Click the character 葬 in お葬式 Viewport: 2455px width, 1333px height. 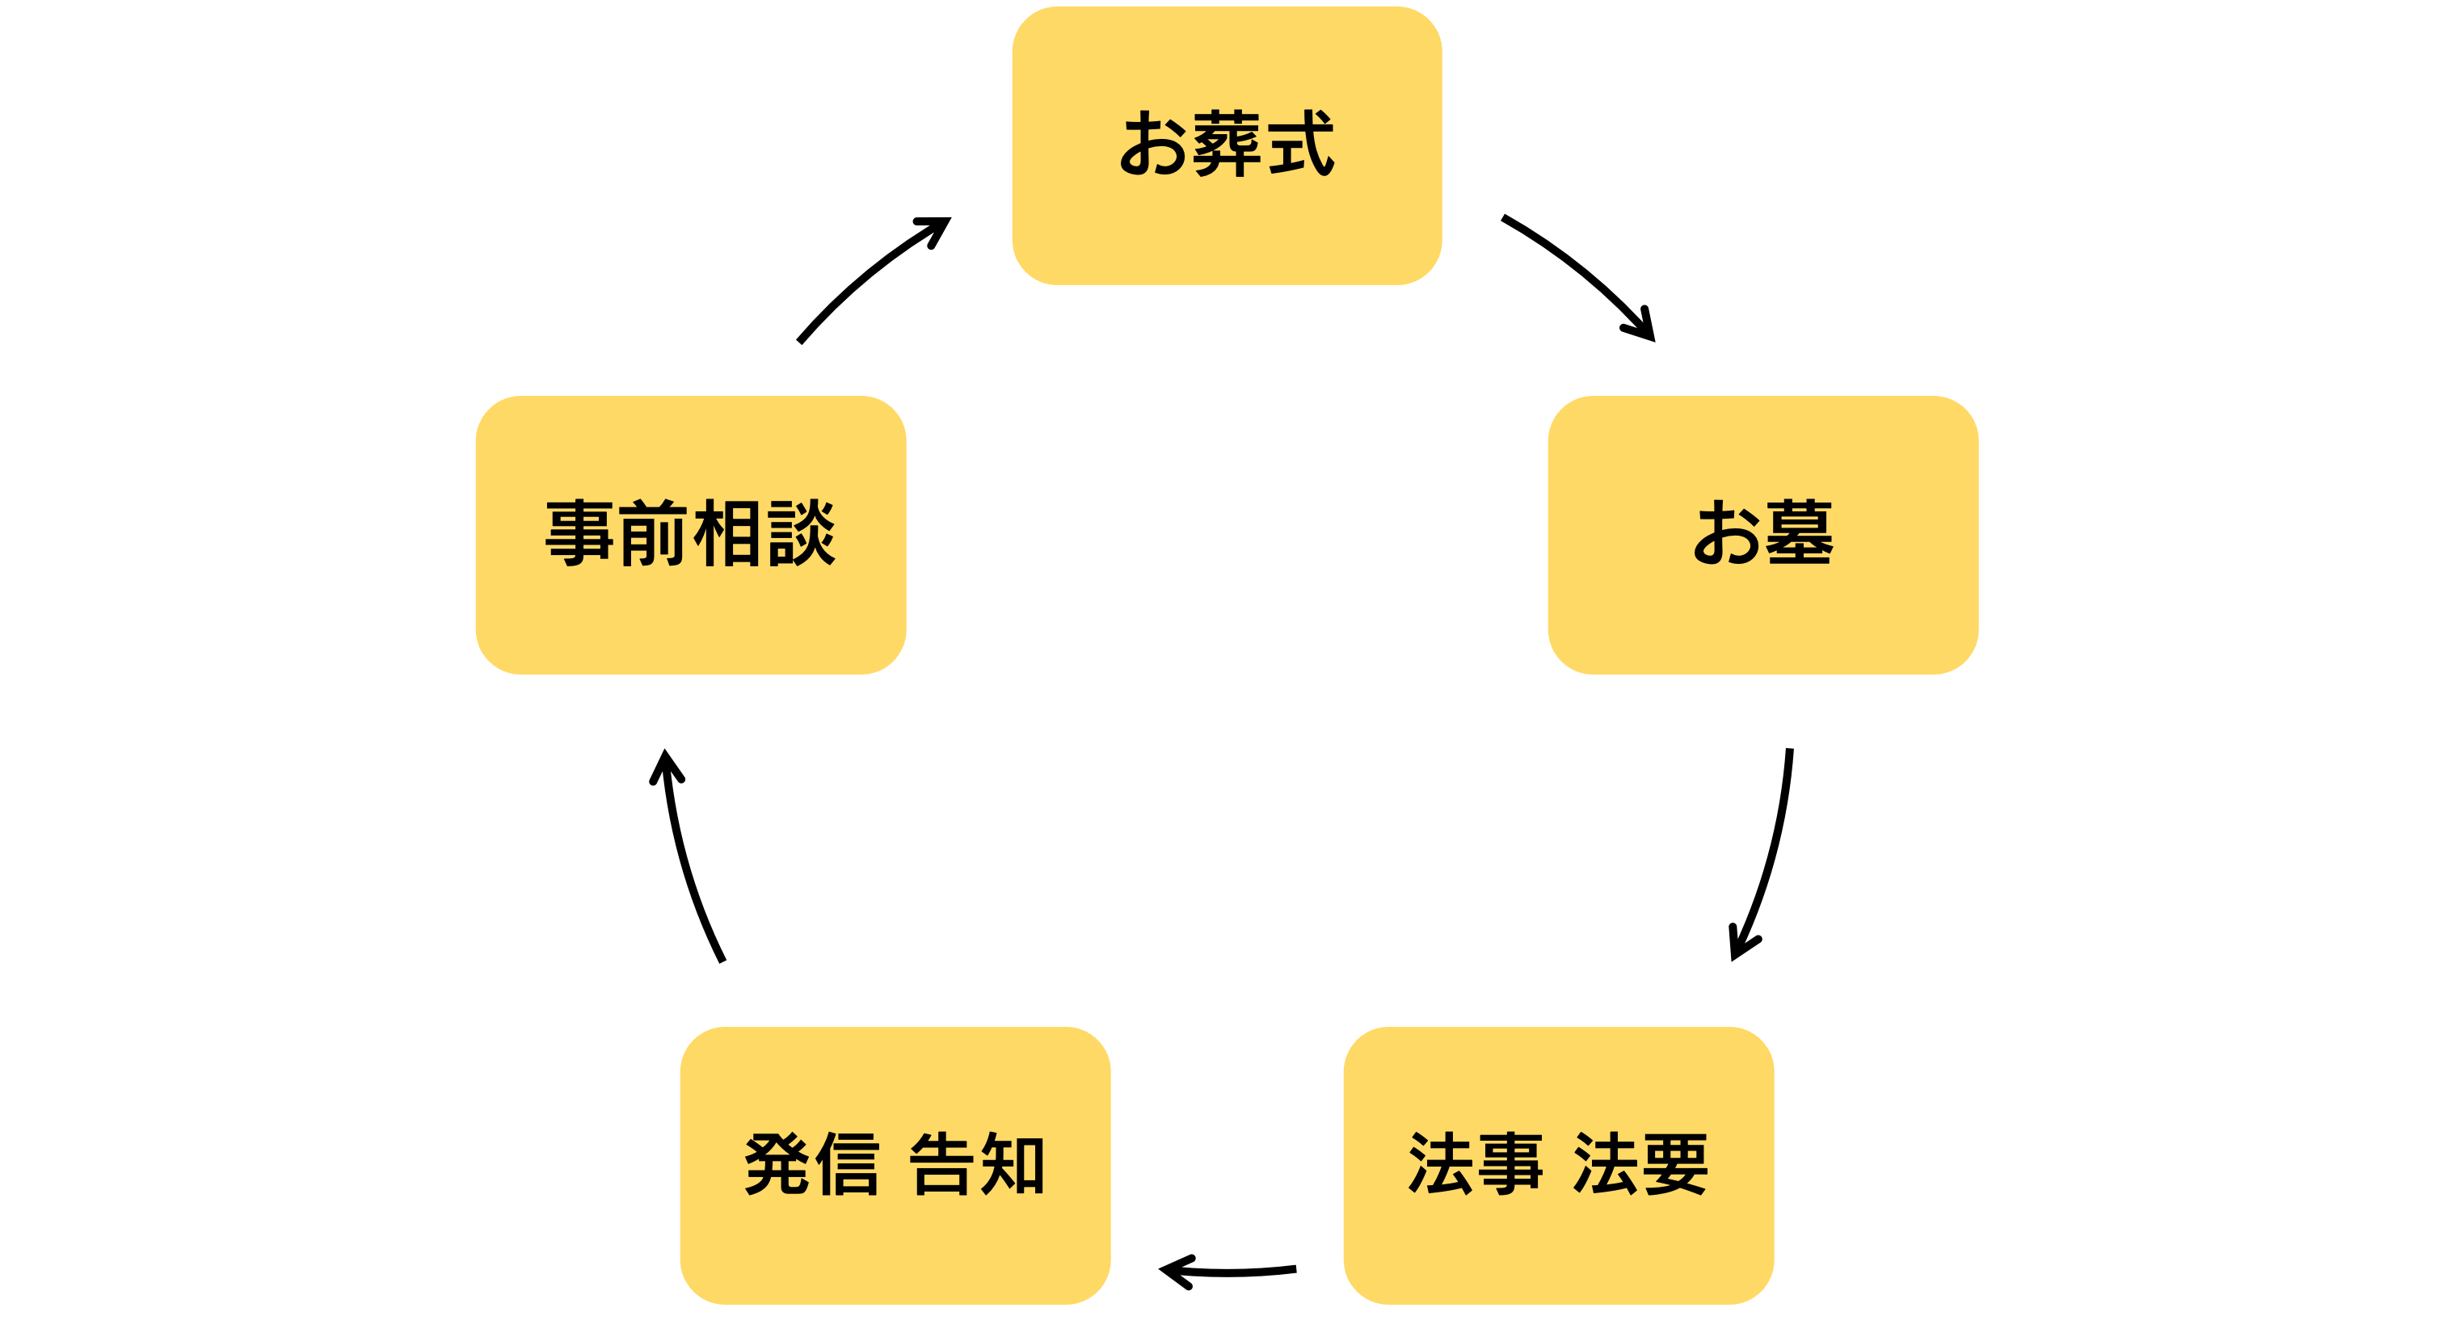pos(1228,144)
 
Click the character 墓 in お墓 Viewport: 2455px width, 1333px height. pos(1798,532)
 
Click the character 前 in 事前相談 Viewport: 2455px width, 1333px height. pos(653,533)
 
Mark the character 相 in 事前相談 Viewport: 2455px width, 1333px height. pos(727,533)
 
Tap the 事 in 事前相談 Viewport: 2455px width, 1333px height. pos(579,533)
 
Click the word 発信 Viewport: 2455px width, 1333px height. pos(811,1164)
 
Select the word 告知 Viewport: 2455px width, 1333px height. pos(978,1164)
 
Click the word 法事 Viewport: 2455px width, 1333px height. pos(1474,1164)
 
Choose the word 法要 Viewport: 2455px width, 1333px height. pos(1640,1164)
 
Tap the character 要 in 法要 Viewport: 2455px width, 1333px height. pos(1674,1164)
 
